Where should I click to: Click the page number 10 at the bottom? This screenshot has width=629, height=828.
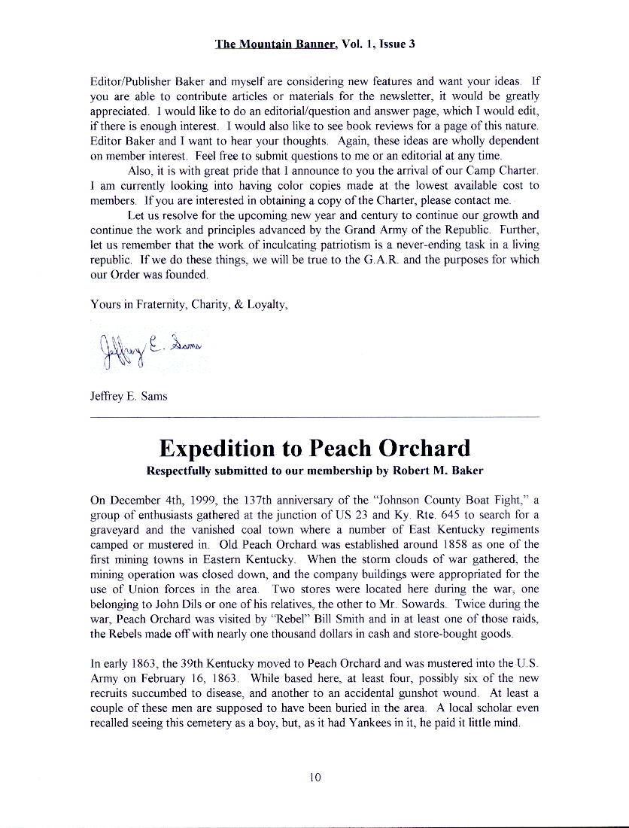point(314,778)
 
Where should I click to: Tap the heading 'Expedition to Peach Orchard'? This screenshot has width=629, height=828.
point(314,448)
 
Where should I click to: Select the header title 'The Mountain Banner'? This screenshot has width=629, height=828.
point(275,44)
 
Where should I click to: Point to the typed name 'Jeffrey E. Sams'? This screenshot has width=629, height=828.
point(129,397)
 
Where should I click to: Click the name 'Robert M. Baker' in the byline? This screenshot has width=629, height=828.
point(440,471)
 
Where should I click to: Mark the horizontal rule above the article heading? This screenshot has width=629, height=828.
point(314,416)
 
